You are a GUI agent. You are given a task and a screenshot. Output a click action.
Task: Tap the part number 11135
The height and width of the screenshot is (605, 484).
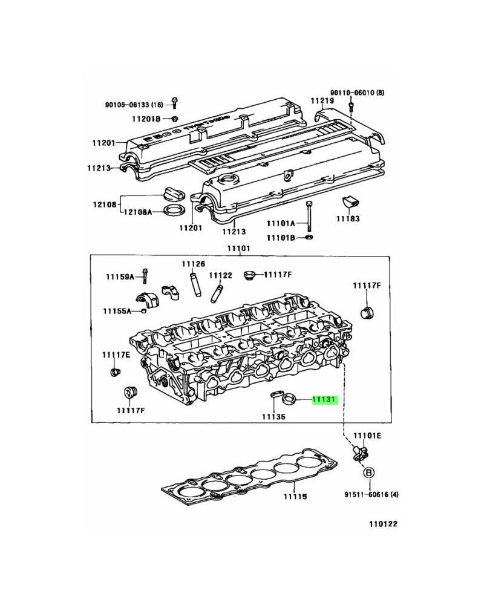(273, 417)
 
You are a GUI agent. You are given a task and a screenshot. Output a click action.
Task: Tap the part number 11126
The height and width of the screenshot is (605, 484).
(194, 264)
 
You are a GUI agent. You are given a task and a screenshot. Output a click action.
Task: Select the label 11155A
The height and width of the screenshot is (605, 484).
(117, 311)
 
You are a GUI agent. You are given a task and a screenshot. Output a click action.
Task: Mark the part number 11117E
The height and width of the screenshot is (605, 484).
(116, 355)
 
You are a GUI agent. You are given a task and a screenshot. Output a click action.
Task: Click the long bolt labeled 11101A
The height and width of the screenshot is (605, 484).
(309, 215)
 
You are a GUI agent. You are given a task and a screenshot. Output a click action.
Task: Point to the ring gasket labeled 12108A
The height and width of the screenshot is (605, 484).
(175, 210)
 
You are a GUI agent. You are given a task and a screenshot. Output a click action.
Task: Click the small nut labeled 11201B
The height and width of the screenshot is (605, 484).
(174, 117)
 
